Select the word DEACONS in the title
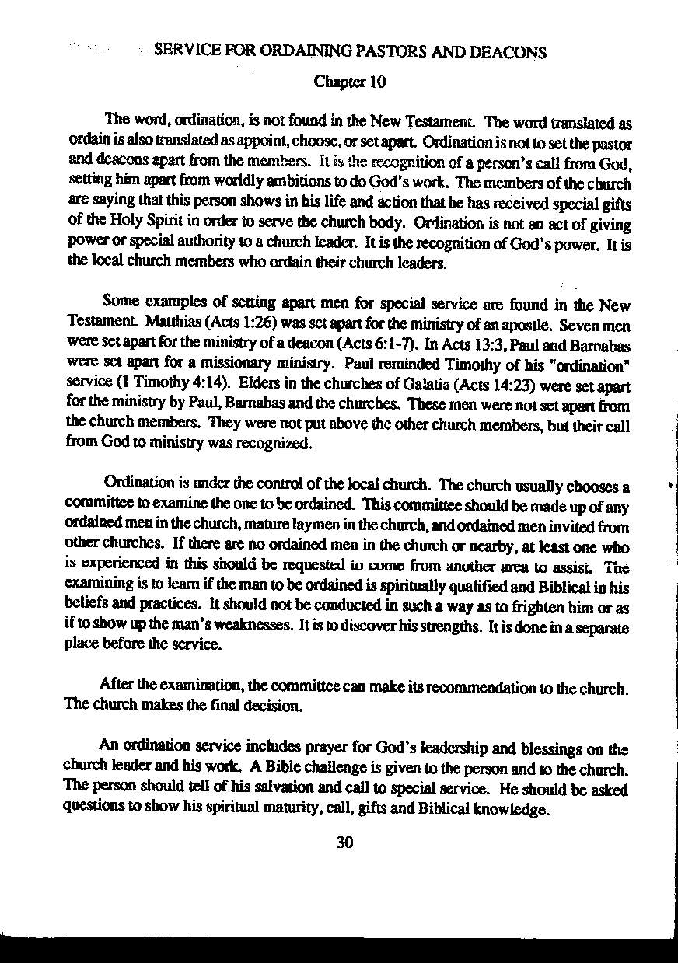tap(507, 53)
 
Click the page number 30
tap(346, 842)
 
